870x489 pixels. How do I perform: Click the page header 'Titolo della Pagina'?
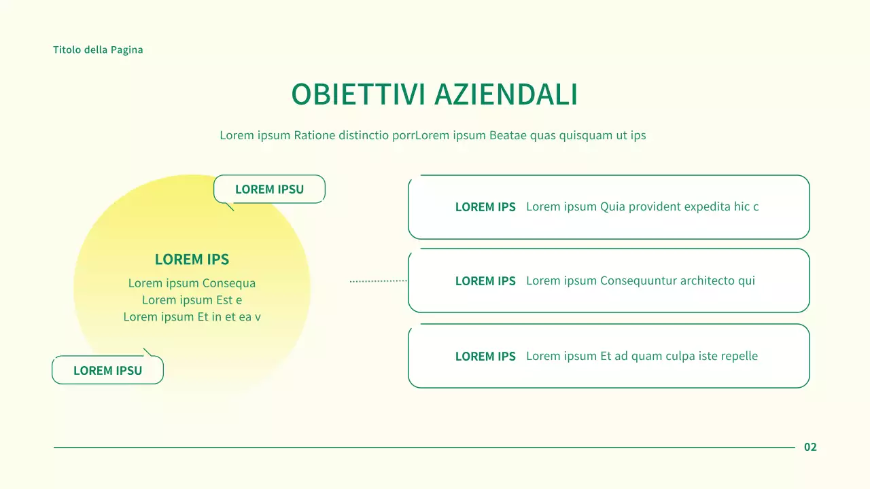[98, 50]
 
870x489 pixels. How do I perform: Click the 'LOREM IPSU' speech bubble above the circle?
[269, 189]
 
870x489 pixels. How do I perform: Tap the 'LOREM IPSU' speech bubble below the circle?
[107, 371]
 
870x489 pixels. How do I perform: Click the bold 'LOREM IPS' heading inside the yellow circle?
[192, 259]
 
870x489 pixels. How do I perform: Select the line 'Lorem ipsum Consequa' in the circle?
[192, 283]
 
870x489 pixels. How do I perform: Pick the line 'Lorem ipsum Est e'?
[192, 300]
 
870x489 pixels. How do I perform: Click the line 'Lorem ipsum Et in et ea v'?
[192, 316]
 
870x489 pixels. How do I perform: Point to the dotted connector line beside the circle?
[378, 280]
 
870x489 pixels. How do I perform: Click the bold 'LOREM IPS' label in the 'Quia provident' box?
[485, 207]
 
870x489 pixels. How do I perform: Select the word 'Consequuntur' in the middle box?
[634, 280]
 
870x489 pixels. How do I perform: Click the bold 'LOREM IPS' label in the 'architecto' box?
[485, 281]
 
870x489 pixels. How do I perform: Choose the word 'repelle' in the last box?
[737, 356]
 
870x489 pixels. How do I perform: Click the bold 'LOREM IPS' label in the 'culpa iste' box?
[485, 357]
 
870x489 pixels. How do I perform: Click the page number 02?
[810, 447]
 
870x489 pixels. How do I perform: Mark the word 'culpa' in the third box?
[680, 356]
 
